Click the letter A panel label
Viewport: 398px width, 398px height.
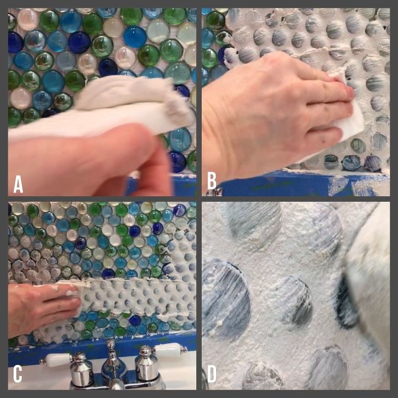[18, 184]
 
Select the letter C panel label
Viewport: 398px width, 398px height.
[18, 374]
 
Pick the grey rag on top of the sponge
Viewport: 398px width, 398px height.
[132, 94]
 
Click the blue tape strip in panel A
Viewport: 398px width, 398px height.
[163, 185]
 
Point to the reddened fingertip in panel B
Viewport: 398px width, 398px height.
[350, 92]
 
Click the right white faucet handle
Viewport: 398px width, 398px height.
[167, 350]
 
